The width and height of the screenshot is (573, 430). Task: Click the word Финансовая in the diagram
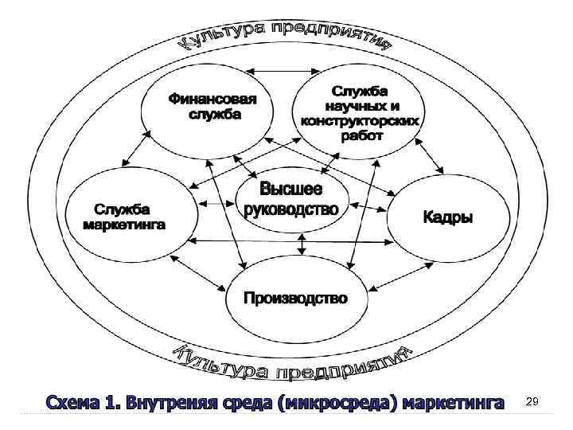212,100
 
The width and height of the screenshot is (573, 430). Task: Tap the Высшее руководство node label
291,200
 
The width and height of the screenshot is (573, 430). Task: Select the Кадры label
447,217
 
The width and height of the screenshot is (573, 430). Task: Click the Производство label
295,298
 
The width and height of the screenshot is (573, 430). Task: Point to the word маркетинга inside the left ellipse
125,225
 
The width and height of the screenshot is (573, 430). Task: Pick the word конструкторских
360,121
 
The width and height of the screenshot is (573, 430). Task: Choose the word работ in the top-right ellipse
362,135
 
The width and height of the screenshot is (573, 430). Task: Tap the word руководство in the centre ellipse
291,210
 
